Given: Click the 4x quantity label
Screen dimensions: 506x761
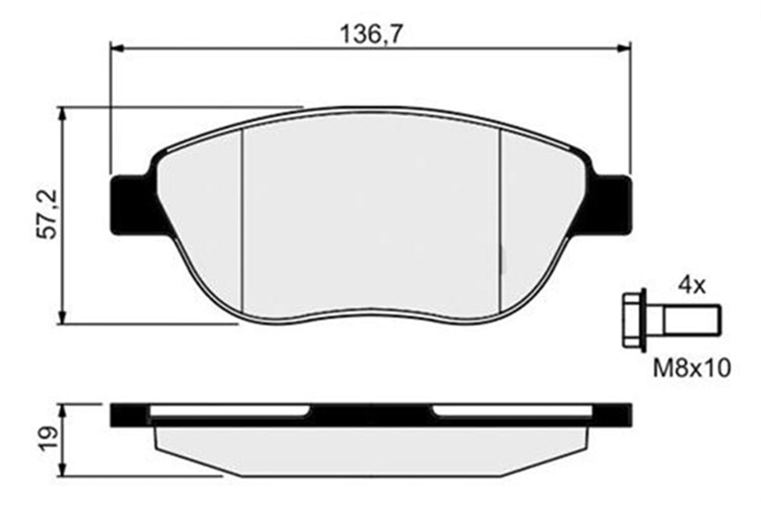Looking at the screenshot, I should click(x=691, y=286).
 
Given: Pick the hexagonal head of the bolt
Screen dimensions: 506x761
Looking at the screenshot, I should click(x=634, y=320).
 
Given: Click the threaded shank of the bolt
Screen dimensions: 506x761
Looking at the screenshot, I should click(x=691, y=320).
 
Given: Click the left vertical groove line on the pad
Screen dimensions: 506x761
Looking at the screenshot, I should click(x=242, y=222).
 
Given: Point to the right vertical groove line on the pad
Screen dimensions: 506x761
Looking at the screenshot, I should click(x=500, y=222).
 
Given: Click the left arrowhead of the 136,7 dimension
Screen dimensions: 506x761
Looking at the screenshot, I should click(x=116, y=48).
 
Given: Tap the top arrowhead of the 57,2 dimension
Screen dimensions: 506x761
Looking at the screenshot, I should click(x=62, y=113).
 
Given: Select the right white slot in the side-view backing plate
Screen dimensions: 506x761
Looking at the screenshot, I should click(x=514, y=412).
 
